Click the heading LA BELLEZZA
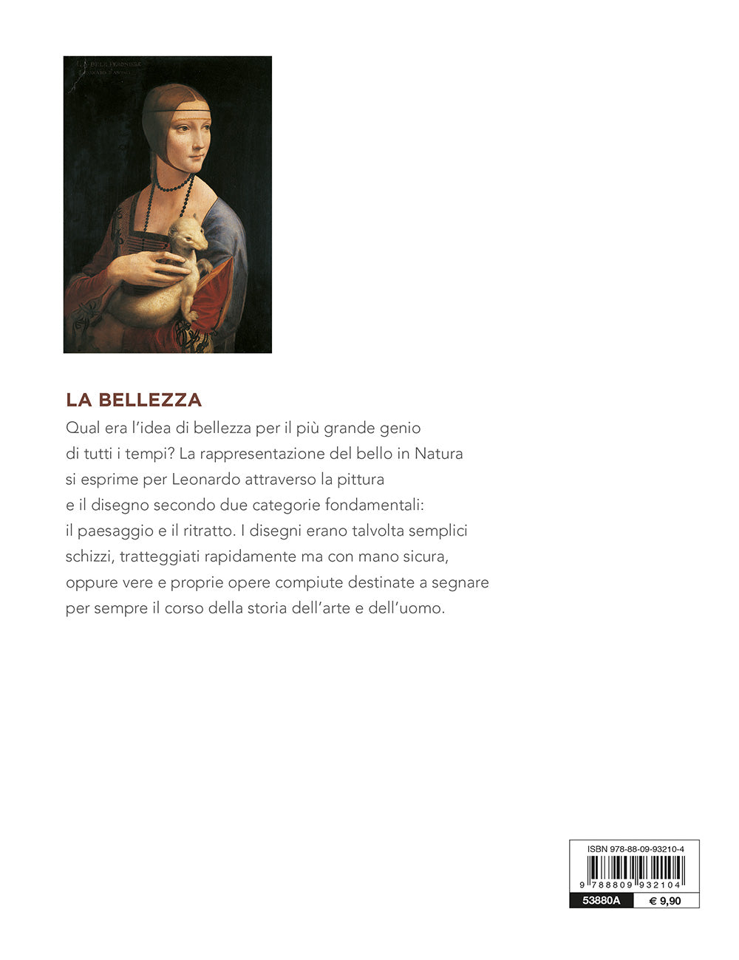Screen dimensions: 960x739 click(x=134, y=400)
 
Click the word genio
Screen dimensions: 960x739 click(x=399, y=428)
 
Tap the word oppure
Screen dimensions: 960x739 click(x=92, y=582)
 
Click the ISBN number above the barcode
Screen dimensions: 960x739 click(x=636, y=849)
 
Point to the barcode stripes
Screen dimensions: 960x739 click(x=635, y=871)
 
